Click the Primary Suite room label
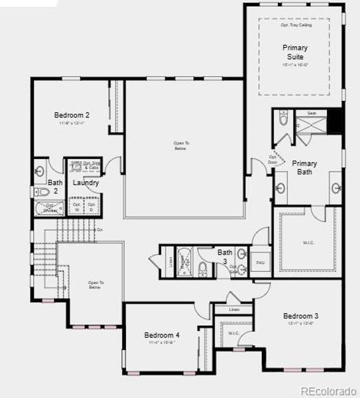coord(294,52)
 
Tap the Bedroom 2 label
coord(72,115)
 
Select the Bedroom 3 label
coord(301,316)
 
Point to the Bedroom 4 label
coord(162,335)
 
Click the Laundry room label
coord(86,183)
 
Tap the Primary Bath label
coord(304,168)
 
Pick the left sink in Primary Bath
coord(280,188)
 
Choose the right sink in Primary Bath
coord(335,188)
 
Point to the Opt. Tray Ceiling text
coord(294,25)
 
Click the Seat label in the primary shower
coord(312,113)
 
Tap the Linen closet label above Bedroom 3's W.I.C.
coord(234,310)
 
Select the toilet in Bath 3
coord(203,267)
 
